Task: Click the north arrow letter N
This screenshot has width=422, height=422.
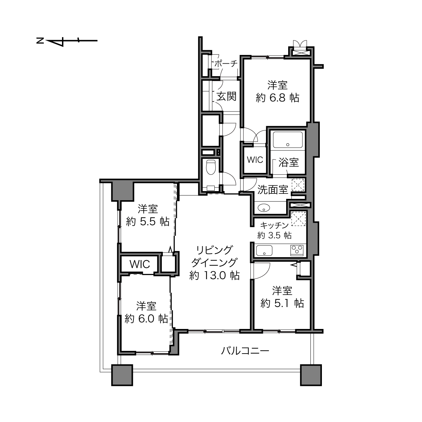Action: coord(40,40)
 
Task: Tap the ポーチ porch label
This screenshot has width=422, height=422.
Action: coord(225,64)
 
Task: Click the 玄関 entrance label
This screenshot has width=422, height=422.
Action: coord(227,96)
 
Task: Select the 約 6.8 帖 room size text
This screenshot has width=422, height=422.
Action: coord(277,98)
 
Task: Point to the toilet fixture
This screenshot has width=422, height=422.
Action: coord(211,167)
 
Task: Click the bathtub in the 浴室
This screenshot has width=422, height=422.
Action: coord(288,140)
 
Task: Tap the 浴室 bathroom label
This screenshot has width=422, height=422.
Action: coord(289,162)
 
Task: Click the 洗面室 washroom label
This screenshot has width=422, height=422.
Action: coord(273,190)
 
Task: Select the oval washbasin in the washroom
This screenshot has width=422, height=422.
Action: coord(264,208)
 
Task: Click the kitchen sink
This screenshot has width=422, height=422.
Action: coord(264,250)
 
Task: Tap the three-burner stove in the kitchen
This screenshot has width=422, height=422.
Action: coord(297,250)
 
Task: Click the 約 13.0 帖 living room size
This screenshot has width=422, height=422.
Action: coord(214,275)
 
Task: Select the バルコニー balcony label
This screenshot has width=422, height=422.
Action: coord(245,351)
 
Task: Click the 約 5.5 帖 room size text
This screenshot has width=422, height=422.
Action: coord(148,222)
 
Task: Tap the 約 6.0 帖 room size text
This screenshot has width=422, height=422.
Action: coord(146,319)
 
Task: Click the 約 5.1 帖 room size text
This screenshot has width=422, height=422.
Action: coord(282,303)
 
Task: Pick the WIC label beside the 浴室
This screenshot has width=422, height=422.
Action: coord(255,160)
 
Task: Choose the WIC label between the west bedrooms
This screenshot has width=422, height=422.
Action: coord(140,264)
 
